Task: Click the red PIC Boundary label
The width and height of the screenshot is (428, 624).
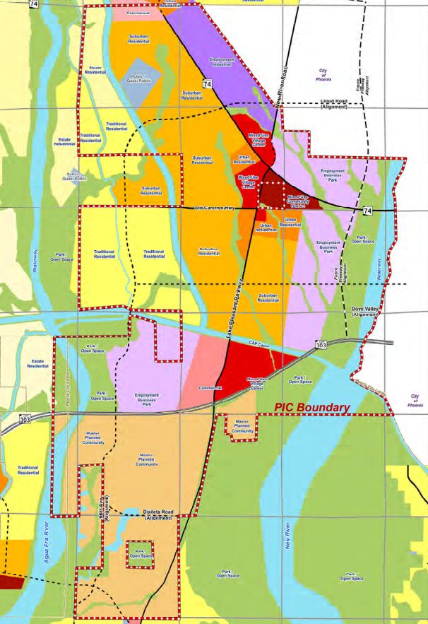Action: pos(311,408)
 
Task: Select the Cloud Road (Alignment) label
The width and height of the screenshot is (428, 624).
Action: pos(334,104)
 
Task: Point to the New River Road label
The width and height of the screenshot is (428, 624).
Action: pos(278,92)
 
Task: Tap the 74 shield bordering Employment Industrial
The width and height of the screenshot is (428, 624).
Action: pos(206,83)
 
